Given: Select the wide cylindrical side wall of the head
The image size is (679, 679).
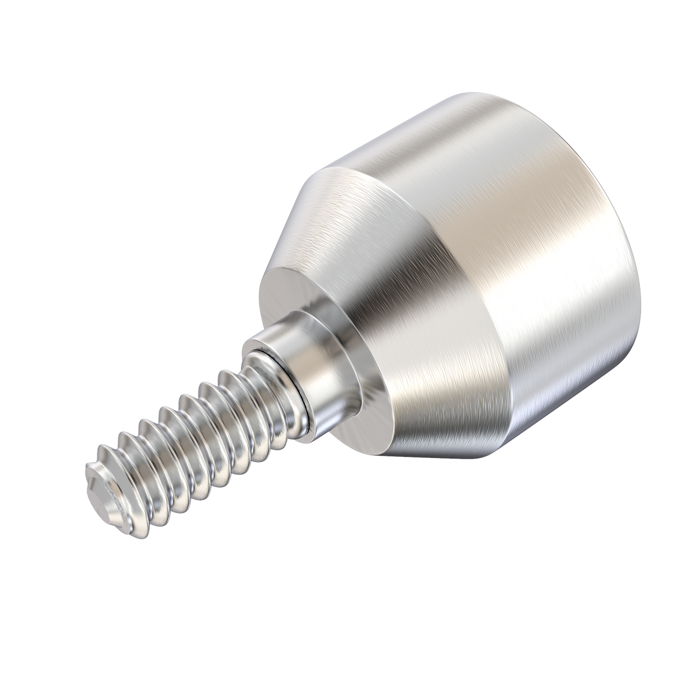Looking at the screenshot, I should coord(559,280).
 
